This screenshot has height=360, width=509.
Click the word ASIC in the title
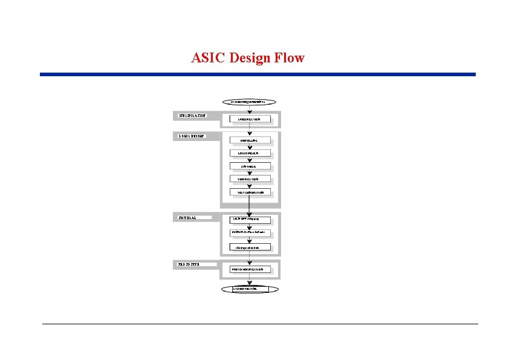[206, 58]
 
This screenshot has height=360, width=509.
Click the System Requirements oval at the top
[250, 102]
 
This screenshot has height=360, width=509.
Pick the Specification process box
[250, 119]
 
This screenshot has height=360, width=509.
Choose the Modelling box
[250, 140]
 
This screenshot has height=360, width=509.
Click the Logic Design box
[250, 152]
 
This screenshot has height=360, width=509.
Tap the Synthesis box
[250, 166]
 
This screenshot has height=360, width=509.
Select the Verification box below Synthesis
[250, 179]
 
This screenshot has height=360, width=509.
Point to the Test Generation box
[250, 192]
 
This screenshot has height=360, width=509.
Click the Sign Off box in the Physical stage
[250, 219]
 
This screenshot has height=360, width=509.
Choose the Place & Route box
[250, 232]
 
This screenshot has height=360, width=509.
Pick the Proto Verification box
[250, 269]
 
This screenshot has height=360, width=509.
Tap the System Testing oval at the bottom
[250, 289]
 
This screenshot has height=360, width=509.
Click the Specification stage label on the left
[193, 115]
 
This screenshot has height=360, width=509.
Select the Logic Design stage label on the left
[193, 136]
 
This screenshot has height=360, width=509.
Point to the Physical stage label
[193, 215]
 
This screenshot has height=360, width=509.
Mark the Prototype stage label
[193, 264]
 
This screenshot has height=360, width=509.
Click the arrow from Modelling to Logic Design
[250, 146]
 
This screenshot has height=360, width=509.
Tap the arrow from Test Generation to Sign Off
[250, 206]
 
